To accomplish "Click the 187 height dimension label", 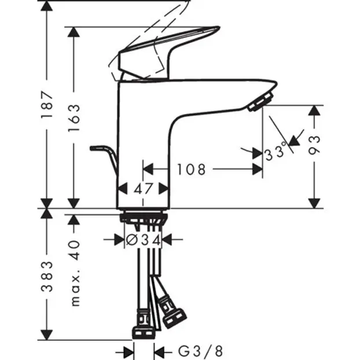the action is pyautogui.click(x=47, y=104).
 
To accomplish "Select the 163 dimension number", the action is pyautogui.click(x=74, y=118).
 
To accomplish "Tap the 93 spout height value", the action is pyautogui.click(x=314, y=145).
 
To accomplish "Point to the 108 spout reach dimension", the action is pyautogui.click(x=191, y=170).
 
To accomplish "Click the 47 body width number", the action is pyautogui.click(x=144, y=189).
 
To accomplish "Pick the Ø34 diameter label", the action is pyautogui.click(x=144, y=240).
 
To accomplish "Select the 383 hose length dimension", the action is pyautogui.click(x=47, y=277).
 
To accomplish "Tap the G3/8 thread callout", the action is pyautogui.click(x=200, y=351).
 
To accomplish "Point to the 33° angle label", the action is pyautogui.click(x=276, y=152).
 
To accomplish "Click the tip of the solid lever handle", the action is pyautogui.click(x=219, y=28).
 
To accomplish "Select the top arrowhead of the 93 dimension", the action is pyautogui.click(x=314, y=110).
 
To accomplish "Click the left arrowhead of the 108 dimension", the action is pyautogui.click(x=148, y=169).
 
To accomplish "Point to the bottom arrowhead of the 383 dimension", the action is pyautogui.click(x=47, y=335).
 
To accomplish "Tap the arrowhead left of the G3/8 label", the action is pyautogui.click(x=128, y=351).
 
